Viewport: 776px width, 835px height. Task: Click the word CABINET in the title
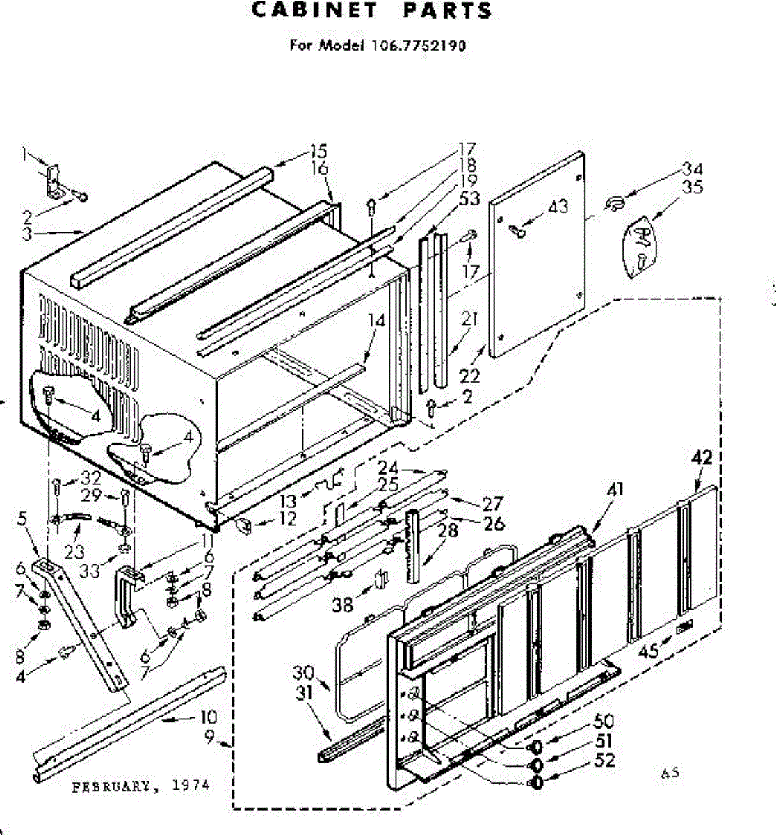coord(314,11)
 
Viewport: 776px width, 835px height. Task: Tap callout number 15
coord(318,151)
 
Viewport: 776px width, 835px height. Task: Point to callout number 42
coord(702,458)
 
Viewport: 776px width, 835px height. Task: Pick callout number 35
coord(693,187)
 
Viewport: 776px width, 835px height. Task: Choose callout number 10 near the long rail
coord(208,717)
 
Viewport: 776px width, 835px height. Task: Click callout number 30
coord(304,673)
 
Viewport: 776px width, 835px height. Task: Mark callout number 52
coord(605,760)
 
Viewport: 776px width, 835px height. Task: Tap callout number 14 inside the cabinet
coord(376,321)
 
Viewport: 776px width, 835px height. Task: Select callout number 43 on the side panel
coord(558,206)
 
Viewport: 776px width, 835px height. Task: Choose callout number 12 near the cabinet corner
coord(286,518)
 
